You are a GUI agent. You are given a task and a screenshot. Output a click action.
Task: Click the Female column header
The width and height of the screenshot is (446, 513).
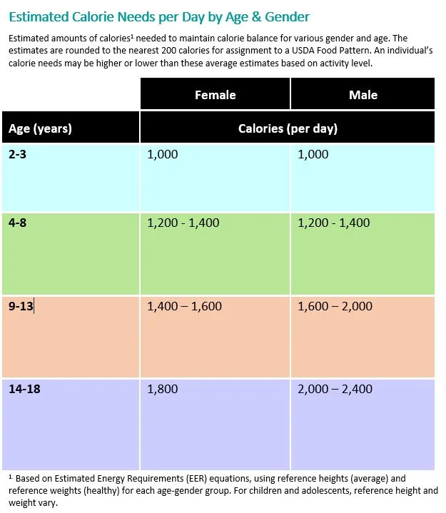coord(215,95)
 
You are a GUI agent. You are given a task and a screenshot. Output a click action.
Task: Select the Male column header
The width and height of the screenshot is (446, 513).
coord(363,95)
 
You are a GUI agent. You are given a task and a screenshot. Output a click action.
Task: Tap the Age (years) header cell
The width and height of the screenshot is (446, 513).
coord(40,129)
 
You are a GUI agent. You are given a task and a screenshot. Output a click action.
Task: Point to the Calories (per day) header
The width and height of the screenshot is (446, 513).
coord(288,129)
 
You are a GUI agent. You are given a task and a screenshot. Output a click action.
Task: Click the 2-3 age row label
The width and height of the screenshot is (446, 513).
coord(19,154)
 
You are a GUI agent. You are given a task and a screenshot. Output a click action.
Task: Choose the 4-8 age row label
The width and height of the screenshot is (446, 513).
coord(18,223)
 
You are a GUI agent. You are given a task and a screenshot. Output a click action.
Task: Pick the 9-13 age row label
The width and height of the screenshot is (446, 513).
coord(21,306)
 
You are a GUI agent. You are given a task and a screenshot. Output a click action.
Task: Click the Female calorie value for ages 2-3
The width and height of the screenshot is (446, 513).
coord(163,154)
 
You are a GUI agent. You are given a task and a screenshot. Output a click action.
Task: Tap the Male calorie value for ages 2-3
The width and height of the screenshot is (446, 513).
coord(313,154)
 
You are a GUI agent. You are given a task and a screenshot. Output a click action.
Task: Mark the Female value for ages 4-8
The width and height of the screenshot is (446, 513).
coord(183,223)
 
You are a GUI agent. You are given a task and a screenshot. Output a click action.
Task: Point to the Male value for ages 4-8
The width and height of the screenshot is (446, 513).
coord(334,223)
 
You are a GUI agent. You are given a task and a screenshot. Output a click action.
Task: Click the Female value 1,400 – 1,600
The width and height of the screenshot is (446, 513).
coord(184,306)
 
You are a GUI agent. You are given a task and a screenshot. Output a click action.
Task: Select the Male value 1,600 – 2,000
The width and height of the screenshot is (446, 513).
coord(335,306)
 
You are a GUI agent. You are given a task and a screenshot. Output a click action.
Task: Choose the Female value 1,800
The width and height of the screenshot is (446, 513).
coord(163,390)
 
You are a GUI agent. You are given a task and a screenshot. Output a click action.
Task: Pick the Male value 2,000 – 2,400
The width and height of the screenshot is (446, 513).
coord(335,390)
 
